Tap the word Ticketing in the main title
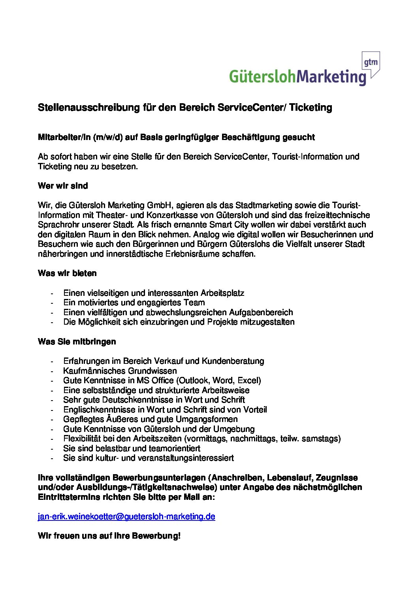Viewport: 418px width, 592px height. coord(311,108)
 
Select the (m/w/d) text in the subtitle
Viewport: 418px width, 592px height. coord(108,138)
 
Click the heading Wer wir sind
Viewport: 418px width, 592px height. coord(63,186)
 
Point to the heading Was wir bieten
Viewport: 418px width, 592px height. coord(67,273)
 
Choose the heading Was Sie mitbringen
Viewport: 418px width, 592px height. coord(77,342)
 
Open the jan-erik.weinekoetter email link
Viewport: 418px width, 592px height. coord(126,516)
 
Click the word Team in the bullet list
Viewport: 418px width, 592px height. coord(194,303)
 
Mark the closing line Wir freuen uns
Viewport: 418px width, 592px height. coord(109,536)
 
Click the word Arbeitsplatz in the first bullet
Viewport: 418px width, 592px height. coord(222,293)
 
